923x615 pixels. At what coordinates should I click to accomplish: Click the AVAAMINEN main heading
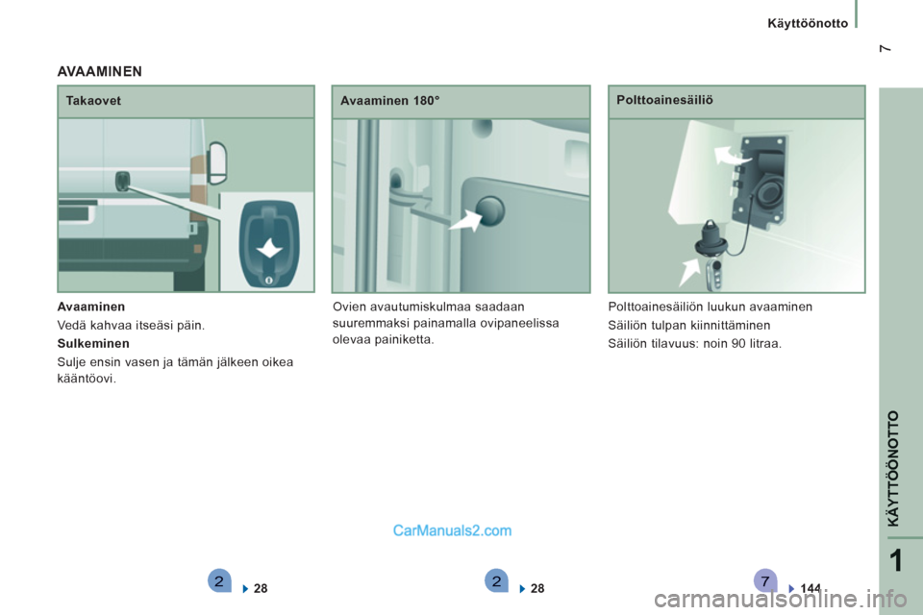99,72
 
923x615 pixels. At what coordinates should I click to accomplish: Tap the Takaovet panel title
93,101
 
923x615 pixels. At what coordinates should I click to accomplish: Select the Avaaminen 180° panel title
389,101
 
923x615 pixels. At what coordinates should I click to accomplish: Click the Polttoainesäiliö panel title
664,100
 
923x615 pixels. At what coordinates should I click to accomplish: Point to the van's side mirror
217,162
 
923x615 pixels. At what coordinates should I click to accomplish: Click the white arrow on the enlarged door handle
269,248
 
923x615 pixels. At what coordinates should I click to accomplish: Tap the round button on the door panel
489,211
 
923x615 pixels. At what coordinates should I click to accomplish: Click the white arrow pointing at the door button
466,221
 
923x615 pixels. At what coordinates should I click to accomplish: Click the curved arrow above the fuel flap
731,156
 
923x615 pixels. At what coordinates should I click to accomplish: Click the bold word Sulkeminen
93,344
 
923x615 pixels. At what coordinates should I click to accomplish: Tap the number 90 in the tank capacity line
738,344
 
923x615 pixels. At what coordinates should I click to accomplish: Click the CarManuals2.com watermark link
452,530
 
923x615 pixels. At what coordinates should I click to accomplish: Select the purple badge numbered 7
765,580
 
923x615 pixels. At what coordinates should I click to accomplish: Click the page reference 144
811,588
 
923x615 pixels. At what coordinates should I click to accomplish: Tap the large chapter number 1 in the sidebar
896,561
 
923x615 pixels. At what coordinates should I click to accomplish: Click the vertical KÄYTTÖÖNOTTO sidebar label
894,469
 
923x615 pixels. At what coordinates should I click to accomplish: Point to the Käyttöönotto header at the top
808,23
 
